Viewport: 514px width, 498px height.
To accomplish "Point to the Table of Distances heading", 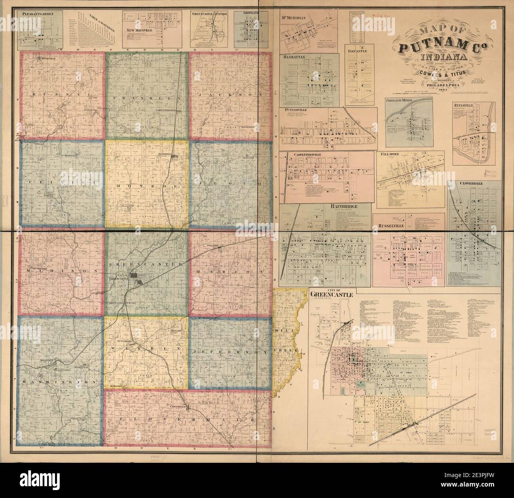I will (101, 19).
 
